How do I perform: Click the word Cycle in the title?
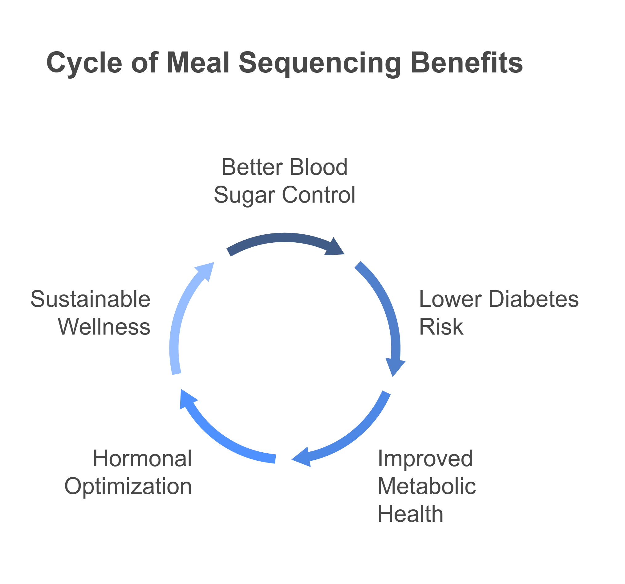[84, 63]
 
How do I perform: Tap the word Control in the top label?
[319, 195]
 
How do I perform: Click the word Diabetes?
[534, 299]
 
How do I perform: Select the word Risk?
[441, 327]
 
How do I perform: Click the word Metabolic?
[427, 486]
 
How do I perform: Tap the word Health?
[410, 514]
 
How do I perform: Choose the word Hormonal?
[142, 459]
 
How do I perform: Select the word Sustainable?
[91, 299]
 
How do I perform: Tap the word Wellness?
[104, 327]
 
